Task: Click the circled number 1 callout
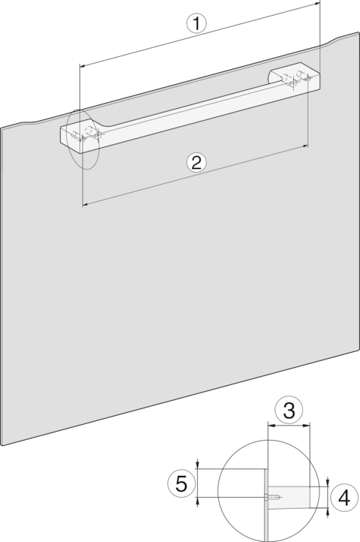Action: [196, 23]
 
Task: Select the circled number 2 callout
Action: [196, 162]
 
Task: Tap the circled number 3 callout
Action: [289, 410]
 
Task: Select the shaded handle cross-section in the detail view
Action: [289, 497]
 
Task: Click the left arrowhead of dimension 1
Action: [83, 65]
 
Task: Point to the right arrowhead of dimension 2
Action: [304, 146]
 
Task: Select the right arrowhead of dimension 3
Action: [307, 426]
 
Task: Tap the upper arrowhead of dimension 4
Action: [328, 483]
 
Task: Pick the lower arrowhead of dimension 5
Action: [197, 501]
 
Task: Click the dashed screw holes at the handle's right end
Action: [296, 78]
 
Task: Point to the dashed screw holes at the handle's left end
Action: [87, 134]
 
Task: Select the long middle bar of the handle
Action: [193, 110]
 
